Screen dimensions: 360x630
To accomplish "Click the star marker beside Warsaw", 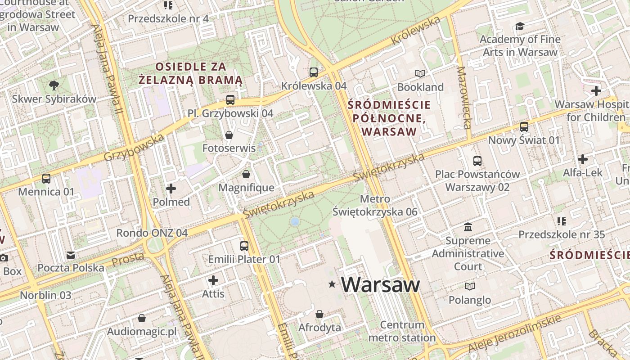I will click(x=332, y=284).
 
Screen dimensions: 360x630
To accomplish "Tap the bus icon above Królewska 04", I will click(x=314, y=72).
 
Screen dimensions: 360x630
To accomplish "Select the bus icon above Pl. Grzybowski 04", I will click(x=230, y=99).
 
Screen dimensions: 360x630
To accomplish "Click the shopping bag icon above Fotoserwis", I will click(x=229, y=135).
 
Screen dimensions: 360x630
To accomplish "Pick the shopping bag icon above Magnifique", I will click(x=246, y=174).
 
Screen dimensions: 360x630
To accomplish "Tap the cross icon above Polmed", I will click(x=171, y=189).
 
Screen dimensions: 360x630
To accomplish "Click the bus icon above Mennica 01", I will click(x=46, y=179).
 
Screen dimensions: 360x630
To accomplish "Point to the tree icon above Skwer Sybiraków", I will click(x=54, y=85).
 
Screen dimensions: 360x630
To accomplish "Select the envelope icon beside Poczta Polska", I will click(x=71, y=255).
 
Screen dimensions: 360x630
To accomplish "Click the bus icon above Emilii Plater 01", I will click(x=244, y=246).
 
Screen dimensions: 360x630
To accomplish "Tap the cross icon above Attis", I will click(x=213, y=281).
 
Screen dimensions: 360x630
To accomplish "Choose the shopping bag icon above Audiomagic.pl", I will click(x=142, y=319).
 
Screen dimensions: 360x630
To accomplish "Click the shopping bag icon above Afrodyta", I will click(x=319, y=314).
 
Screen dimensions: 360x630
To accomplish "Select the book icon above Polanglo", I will click(x=469, y=286).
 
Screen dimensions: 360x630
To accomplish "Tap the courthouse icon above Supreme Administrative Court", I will click(x=468, y=227).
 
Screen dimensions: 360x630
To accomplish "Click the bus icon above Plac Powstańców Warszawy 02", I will click(x=477, y=161).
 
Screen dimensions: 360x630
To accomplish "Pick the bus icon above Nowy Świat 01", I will click(x=524, y=127).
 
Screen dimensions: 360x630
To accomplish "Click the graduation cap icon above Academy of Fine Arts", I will click(x=520, y=26).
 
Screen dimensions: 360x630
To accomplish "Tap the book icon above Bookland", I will click(x=420, y=73).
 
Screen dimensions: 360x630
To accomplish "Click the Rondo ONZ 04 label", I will click(x=152, y=233).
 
